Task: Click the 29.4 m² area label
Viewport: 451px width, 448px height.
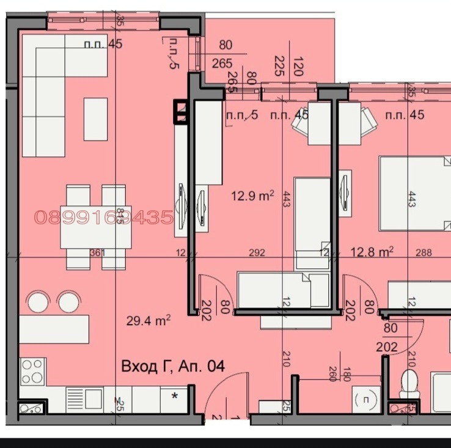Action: [x=148, y=319]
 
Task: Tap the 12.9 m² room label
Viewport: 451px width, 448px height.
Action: [x=252, y=196]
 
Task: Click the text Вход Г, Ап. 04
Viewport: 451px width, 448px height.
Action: [x=173, y=367]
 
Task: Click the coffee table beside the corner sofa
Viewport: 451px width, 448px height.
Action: [x=95, y=119]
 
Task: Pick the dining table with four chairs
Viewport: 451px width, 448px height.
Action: [x=96, y=226]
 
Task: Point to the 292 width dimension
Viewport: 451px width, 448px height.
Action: [x=257, y=252]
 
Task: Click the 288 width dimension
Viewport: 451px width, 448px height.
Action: [x=424, y=251]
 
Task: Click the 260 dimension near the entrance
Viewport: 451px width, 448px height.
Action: [x=332, y=373]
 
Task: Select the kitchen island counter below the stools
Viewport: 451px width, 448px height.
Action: [x=54, y=329]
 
